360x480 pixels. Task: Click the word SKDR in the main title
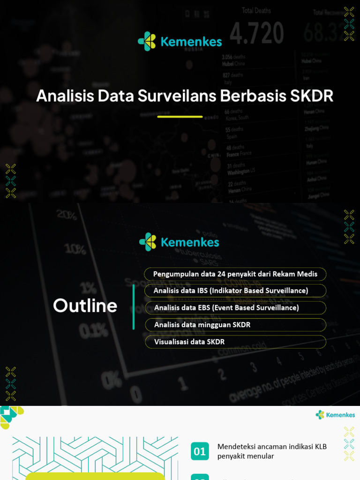[x=312, y=96]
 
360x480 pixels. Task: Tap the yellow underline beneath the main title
[x=180, y=117]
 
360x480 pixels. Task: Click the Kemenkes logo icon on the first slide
[x=147, y=41]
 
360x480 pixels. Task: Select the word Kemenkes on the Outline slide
[x=190, y=242]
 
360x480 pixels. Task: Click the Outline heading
[x=85, y=306]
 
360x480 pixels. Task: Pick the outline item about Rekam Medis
[x=235, y=274]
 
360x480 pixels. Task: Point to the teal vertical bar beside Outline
[x=134, y=307]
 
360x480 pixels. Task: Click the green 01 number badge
[x=200, y=451]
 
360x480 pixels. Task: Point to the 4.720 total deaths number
[x=257, y=33]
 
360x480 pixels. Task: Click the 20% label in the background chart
[x=67, y=215]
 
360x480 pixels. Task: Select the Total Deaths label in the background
[x=256, y=10]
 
